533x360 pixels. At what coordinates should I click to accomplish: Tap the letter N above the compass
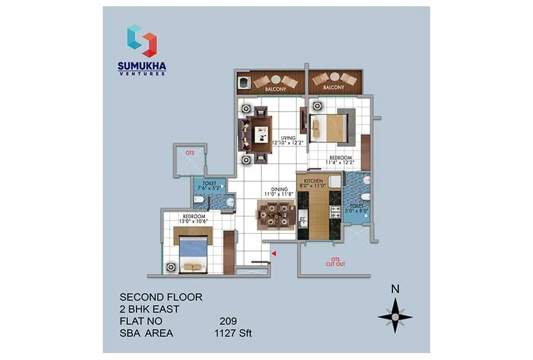395,290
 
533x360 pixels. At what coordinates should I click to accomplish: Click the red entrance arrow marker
273,253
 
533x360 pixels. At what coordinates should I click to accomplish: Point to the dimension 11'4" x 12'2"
340,163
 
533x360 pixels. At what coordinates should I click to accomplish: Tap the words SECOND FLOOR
161,297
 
